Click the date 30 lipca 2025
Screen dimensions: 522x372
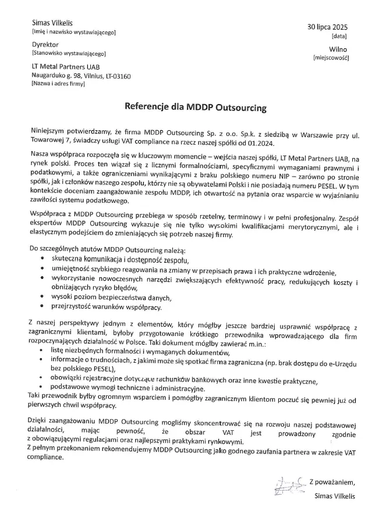(x=327, y=27)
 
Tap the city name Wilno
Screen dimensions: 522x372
(x=338, y=49)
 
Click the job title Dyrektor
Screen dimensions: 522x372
(x=45, y=44)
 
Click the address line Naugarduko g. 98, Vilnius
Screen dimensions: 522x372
(x=81, y=76)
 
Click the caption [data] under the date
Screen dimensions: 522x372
(x=339, y=36)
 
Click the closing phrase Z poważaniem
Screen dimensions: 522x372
(x=332, y=482)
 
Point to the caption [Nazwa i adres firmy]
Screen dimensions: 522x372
(x=58, y=84)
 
